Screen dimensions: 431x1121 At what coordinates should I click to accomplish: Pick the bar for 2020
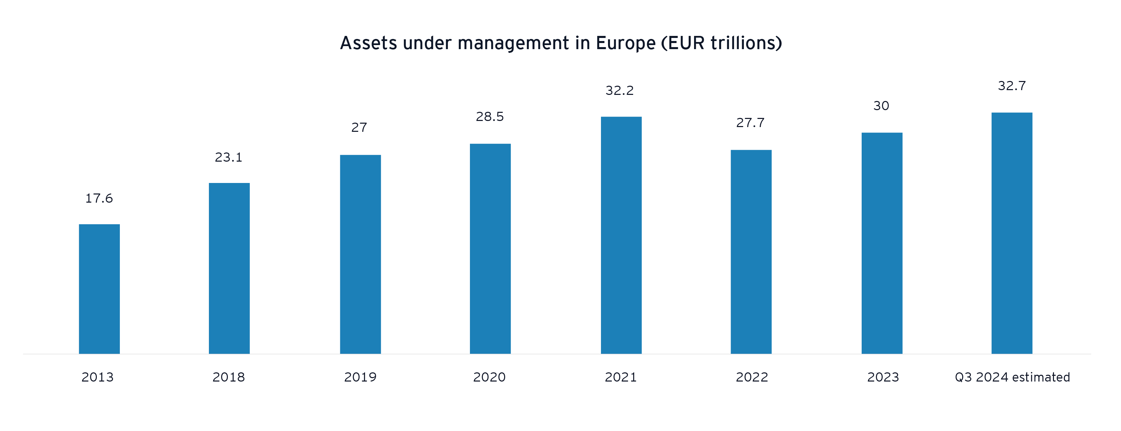[x=491, y=249]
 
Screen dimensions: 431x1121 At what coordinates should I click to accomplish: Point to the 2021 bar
[x=621, y=235]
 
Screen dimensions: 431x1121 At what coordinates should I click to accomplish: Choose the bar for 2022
[x=751, y=252]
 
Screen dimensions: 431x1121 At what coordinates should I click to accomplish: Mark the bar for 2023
[x=882, y=243]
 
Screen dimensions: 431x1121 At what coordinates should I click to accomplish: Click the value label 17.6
[x=99, y=199]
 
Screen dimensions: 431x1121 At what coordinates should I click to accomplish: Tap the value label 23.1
[x=229, y=157]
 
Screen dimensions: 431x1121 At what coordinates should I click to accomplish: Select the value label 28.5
[x=490, y=117]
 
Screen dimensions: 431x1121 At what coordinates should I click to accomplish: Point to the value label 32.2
[x=620, y=90]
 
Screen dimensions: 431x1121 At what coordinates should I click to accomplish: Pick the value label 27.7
[x=750, y=123]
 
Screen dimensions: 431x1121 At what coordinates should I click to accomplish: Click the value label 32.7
[x=1012, y=86]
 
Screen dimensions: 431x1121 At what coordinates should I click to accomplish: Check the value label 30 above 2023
[x=881, y=106]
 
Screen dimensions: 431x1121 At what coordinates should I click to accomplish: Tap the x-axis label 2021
[x=621, y=377]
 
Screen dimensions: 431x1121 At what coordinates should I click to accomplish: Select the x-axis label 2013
[x=98, y=377]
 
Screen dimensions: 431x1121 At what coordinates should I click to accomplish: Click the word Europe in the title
[x=625, y=43]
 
